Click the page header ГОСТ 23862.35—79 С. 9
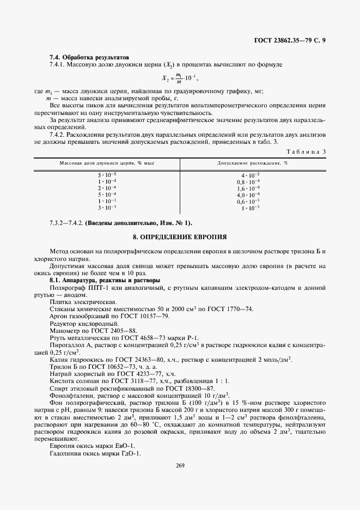point(290,41)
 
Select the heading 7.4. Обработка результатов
point(89,57)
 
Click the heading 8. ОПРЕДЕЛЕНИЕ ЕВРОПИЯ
point(180,238)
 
